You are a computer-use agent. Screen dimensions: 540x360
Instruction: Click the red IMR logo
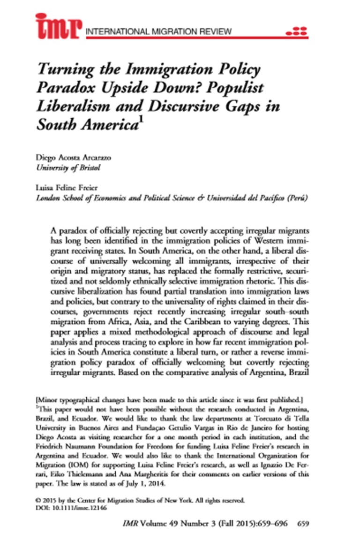click(x=59, y=25)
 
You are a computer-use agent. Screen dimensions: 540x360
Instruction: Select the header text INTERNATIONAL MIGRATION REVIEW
click(x=159, y=32)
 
